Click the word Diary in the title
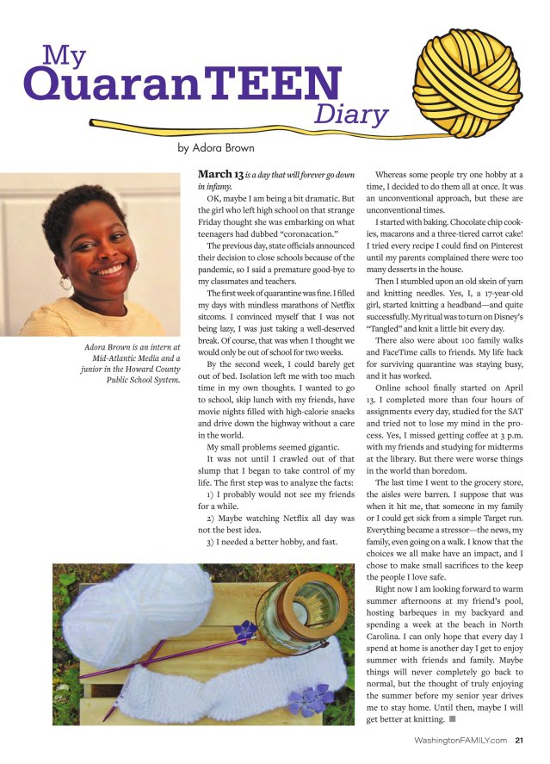pos(351,113)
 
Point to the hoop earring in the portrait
pos(66,282)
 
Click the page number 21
pos(520,738)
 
